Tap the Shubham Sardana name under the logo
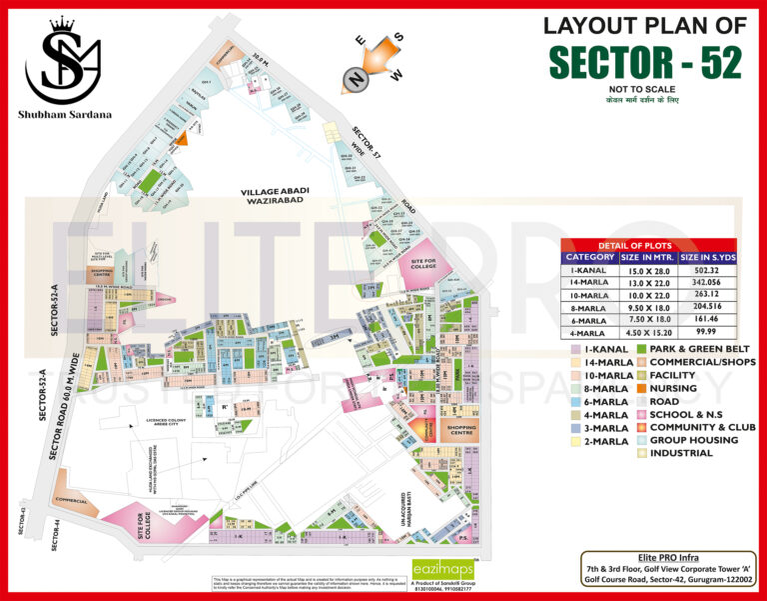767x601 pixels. (65, 113)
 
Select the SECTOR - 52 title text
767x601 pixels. (645, 62)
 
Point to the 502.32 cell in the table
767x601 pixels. (708, 270)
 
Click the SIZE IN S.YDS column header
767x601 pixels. (708, 257)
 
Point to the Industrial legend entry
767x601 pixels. (681, 453)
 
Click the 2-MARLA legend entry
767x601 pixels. (605, 440)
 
